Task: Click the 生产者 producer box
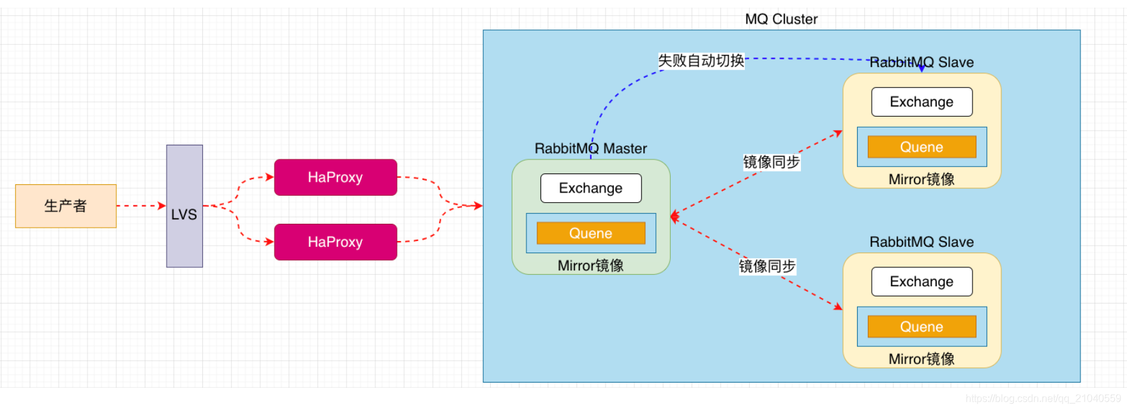pos(66,206)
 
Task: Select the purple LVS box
pos(184,206)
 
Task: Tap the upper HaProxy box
pos(336,177)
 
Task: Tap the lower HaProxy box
pos(336,242)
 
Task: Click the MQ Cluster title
pos(781,19)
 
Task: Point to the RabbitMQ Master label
pos(590,149)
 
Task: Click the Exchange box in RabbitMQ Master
pos(591,188)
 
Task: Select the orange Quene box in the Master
pos(591,233)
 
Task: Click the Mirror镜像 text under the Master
pos(590,265)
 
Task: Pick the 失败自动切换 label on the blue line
pos(701,61)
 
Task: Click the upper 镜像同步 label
pos(771,162)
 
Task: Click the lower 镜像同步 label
pos(767,266)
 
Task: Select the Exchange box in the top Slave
pos(922,102)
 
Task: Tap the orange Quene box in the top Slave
pos(922,147)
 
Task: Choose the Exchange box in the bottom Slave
pos(922,282)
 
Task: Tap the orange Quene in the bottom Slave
pos(922,326)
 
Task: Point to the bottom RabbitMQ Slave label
pos(922,242)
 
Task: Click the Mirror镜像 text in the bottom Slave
pos(922,359)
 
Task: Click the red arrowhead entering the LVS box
pos(162,205)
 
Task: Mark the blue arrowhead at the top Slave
pos(922,68)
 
